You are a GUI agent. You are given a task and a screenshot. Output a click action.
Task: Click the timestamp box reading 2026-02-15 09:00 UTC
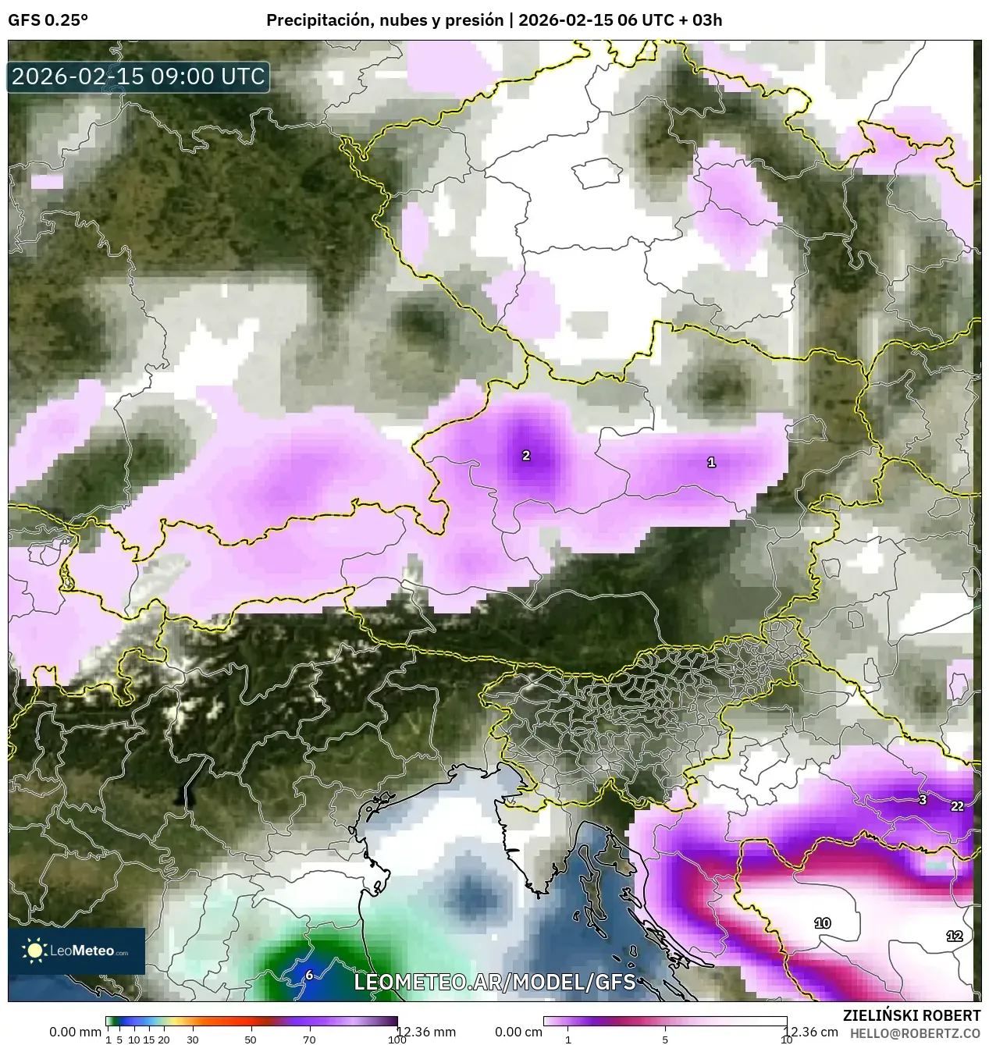[138, 76]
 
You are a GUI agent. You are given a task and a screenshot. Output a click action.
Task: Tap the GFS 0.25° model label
[48, 20]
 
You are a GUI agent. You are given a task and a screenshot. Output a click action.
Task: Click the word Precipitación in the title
[316, 20]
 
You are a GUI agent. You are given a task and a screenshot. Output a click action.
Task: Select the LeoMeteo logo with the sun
[76, 951]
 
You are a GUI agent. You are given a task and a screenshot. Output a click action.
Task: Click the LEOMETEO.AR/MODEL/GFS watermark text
[495, 982]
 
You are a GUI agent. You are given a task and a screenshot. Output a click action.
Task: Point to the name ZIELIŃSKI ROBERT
[912, 1015]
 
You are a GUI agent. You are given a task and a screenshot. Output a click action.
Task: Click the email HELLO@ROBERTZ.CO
[915, 1033]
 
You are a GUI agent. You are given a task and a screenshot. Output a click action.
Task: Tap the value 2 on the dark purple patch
[526, 455]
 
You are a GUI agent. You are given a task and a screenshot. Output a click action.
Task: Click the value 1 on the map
[711, 462]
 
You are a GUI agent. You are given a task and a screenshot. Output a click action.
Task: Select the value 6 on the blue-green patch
[309, 975]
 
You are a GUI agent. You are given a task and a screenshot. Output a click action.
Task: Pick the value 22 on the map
[957, 806]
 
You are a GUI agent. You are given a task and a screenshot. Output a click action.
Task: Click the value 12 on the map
[954, 936]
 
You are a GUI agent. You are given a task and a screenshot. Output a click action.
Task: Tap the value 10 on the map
[823, 923]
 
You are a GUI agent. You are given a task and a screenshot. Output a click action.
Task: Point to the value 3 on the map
[922, 799]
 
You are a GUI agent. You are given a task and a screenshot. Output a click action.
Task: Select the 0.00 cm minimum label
[518, 1032]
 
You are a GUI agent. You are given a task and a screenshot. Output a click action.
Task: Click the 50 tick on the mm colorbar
[251, 1040]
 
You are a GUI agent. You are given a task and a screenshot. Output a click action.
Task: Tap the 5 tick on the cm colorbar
[665, 1040]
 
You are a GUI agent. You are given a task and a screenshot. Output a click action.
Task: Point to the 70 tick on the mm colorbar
[309, 1040]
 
